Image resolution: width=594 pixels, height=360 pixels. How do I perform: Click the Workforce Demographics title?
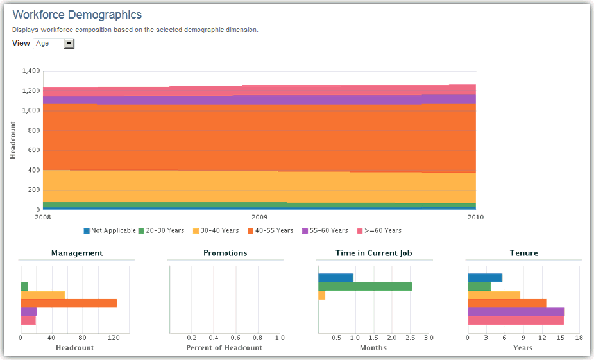(77, 15)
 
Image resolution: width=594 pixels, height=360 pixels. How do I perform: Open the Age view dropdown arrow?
(69, 44)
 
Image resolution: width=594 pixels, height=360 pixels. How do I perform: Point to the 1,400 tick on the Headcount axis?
(31, 71)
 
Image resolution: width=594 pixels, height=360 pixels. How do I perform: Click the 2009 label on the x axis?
(259, 218)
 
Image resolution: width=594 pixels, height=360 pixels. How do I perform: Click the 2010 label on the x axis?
(475, 218)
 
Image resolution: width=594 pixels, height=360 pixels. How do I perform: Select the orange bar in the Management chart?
(69, 303)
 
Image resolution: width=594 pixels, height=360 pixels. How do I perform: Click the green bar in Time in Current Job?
(365, 286)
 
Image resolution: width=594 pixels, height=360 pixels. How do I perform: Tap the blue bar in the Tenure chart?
(485, 278)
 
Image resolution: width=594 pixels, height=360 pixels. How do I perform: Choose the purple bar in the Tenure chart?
(516, 312)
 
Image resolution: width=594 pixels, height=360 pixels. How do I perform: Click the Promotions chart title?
(225, 253)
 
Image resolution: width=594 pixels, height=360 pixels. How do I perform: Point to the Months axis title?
(373, 348)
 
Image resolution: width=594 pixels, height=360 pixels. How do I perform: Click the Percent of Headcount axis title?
(225, 348)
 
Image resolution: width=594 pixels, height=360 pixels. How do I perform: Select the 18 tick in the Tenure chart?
(579, 338)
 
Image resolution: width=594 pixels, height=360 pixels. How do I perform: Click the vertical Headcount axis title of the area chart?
(13, 140)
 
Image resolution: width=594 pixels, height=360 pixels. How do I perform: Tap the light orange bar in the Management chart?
(43, 295)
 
